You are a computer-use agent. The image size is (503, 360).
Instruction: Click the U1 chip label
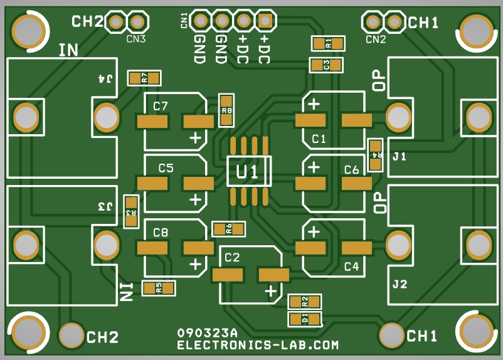[x=246, y=172]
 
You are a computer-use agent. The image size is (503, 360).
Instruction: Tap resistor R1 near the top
[x=328, y=43]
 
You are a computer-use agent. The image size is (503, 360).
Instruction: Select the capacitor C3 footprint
[x=326, y=65]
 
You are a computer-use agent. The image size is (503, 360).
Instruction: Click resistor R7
[x=144, y=78]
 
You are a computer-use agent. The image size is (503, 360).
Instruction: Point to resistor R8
[x=226, y=110]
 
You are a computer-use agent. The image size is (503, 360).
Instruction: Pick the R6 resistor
[x=229, y=229]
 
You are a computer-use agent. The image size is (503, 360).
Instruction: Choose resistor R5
[x=159, y=289]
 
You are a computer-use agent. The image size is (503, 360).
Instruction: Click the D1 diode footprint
[x=305, y=319]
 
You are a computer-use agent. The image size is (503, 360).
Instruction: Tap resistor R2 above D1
[x=305, y=302]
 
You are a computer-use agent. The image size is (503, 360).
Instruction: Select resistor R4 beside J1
[x=375, y=156]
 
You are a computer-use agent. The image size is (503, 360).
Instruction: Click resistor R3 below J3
[x=131, y=212]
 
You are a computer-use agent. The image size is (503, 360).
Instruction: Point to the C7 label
[x=161, y=106]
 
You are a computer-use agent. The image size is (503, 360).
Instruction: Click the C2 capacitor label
[x=232, y=257]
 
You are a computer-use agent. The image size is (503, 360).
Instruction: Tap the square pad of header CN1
[x=265, y=21]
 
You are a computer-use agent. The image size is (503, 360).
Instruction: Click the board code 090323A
[x=207, y=333]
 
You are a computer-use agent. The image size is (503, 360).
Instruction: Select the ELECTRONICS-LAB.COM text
[x=258, y=345]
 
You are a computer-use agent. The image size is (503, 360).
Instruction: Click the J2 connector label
[x=400, y=284]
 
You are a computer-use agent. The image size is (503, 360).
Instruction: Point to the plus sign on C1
[x=314, y=104]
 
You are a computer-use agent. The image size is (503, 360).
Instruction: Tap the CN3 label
[x=136, y=39]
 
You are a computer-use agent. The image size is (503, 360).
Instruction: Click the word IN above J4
[x=68, y=50]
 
